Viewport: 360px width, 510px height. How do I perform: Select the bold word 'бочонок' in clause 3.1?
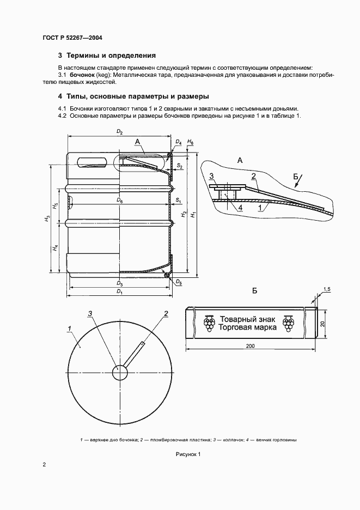[81, 74]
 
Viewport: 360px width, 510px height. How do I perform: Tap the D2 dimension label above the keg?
[120, 133]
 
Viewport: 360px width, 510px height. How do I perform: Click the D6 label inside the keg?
[120, 201]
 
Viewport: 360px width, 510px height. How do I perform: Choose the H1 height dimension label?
[193, 214]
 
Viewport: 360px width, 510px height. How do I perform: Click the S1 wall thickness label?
[178, 201]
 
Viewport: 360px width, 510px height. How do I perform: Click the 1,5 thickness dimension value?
[327, 288]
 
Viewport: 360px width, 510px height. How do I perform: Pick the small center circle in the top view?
[120, 373]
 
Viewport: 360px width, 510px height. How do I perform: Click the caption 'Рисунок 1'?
[188, 454]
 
